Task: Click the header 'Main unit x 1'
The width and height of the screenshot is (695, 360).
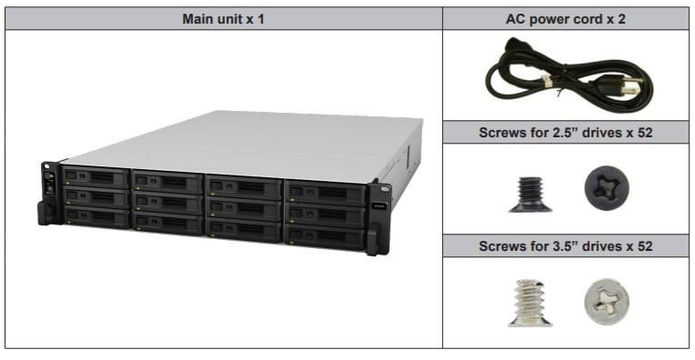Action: (x=224, y=18)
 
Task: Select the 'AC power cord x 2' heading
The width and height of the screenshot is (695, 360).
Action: (x=566, y=18)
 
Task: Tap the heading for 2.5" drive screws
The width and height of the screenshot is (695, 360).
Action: (x=566, y=133)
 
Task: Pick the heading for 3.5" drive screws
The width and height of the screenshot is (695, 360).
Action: (x=566, y=245)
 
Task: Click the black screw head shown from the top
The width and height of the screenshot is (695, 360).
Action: (x=606, y=189)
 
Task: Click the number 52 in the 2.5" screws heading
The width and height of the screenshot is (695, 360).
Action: (x=643, y=133)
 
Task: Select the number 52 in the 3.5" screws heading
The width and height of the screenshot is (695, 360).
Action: (x=643, y=245)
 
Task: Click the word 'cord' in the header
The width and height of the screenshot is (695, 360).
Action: (x=592, y=18)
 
